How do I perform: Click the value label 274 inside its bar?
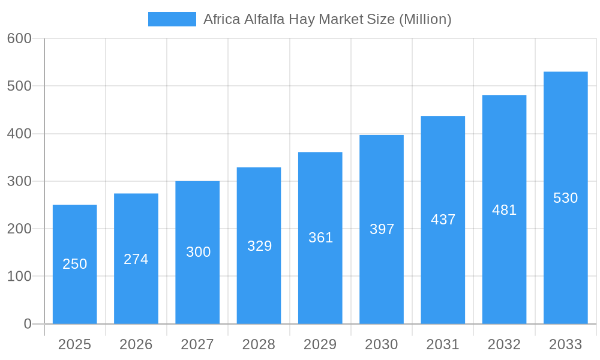[x=136, y=259]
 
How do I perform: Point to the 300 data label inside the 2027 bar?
[x=198, y=252]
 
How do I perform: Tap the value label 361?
[x=320, y=238]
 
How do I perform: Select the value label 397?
[x=382, y=229]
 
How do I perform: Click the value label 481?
[x=504, y=210]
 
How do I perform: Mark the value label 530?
[x=565, y=198]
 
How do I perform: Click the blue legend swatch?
[x=172, y=19]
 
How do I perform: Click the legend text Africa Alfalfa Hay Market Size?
[x=327, y=19]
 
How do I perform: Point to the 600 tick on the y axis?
[x=19, y=38]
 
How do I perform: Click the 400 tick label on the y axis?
[x=19, y=134]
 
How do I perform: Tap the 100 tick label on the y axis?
[x=19, y=277]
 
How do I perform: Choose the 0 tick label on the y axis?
[x=28, y=324]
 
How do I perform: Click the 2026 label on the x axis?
[x=136, y=344]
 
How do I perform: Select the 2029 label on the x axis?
[x=320, y=344]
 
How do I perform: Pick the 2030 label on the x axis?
[x=382, y=344]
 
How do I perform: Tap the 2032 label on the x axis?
[x=504, y=344]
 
